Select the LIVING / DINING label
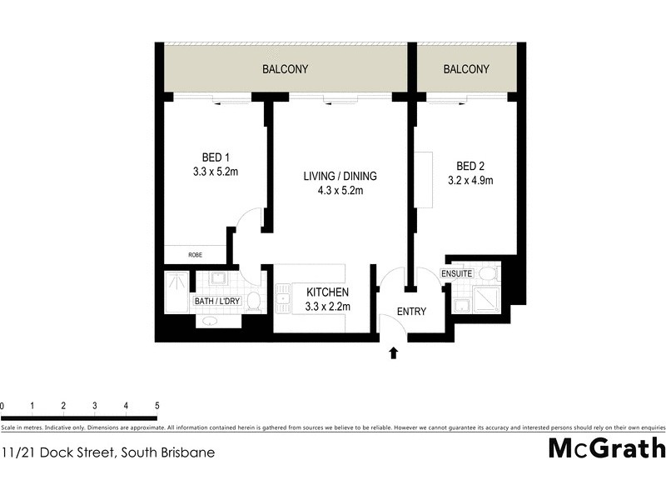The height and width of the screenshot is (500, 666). [x=339, y=176]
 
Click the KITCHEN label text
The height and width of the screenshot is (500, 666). [x=327, y=292]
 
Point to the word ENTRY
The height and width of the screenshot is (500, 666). [x=411, y=312]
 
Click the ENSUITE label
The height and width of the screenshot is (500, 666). [x=457, y=273]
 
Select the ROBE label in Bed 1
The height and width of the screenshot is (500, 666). [x=194, y=255]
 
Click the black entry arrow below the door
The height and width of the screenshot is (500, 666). [x=394, y=353]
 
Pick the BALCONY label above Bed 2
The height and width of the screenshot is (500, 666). [x=466, y=69]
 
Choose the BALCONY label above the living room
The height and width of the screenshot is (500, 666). [x=286, y=69]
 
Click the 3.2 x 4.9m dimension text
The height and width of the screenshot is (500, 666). [x=470, y=179]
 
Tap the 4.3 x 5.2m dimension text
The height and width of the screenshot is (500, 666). [x=339, y=191]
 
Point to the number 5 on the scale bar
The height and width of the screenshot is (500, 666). [x=157, y=406]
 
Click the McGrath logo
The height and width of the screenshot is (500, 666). [x=607, y=448]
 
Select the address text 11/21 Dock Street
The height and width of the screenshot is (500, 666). [x=108, y=452]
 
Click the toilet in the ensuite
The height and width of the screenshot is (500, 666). [x=488, y=273]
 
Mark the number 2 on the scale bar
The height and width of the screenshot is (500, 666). [x=63, y=406]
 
